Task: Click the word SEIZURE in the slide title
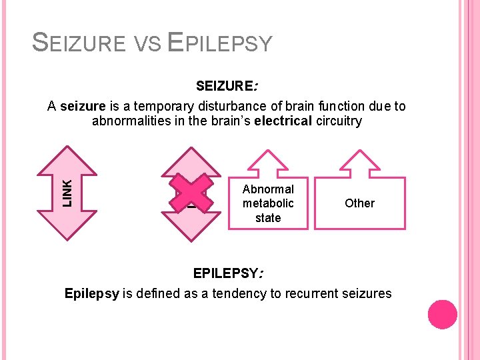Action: [78, 43]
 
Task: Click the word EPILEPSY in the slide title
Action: [220, 43]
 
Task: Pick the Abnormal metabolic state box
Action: [268, 203]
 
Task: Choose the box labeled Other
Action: [359, 203]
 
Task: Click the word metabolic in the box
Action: [268, 203]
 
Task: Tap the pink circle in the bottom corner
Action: [442, 315]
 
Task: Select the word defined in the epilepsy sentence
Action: [173, 293]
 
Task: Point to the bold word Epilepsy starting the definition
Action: [92, 293]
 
